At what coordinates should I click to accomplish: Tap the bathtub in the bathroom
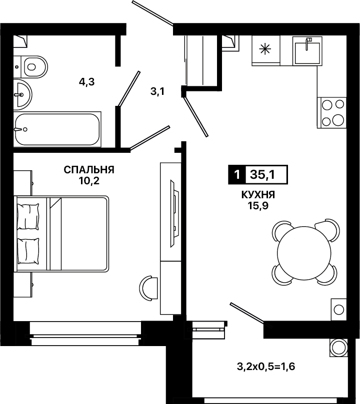point(57,129)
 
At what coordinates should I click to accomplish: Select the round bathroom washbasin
point(22,94)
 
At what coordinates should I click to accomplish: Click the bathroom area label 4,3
point(86,82)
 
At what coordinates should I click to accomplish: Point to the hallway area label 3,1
point(157,91)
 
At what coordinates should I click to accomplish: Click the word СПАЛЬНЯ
point(89,170)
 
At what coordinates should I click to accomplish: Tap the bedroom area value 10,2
point(89,181)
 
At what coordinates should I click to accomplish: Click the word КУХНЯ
point(258,195)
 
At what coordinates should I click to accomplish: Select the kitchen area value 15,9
point(258,206)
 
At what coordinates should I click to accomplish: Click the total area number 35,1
point(262,175)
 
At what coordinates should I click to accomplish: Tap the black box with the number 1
point(237,175)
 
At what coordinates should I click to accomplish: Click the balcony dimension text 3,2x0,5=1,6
point(266,367)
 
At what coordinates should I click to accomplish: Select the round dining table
point(304,253)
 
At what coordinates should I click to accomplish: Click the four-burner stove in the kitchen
point(332,112)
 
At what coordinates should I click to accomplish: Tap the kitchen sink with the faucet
point(307,51)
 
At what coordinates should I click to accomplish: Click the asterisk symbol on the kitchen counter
point(265,49)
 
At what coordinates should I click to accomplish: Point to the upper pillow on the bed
point(28,216)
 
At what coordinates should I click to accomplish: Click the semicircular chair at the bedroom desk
point(148,288)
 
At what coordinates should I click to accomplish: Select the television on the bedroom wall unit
point(174,214)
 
